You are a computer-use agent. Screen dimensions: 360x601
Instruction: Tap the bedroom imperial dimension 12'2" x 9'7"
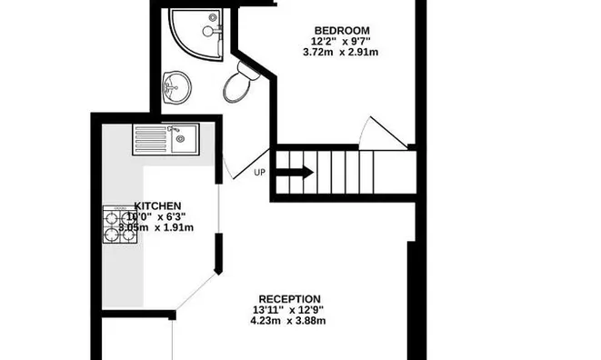pos(342,41)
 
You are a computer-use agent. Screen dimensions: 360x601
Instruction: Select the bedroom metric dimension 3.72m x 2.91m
pos(342,53)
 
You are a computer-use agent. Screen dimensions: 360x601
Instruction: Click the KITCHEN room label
pos(157,205)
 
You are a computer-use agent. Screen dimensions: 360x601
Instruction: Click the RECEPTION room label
pos(289,298)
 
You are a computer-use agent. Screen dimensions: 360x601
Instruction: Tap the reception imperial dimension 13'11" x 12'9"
pos(289,310)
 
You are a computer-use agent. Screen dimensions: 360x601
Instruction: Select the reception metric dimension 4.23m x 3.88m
pos(289,321)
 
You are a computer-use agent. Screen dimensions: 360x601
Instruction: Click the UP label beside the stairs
pos(260,172)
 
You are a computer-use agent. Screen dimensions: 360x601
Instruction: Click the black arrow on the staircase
pos(296,171)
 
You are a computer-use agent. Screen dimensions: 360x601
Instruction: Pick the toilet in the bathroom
pos(239,84)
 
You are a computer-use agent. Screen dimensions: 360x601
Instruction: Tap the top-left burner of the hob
pos(113,217)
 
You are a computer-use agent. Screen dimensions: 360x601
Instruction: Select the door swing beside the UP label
pos(238,164)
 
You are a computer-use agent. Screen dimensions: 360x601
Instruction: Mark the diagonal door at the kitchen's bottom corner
pos(193,293)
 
